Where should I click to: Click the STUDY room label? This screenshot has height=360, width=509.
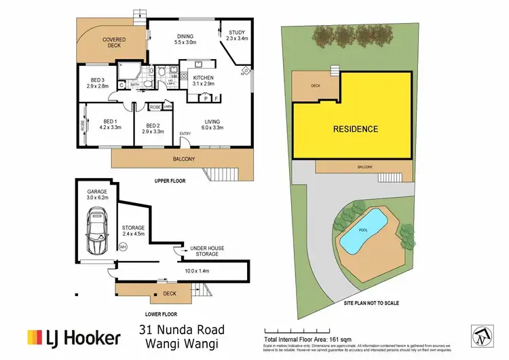tap(237, 32)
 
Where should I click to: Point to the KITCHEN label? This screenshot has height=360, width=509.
tap(203, 79)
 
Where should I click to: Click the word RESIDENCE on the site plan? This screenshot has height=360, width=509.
tap(355, 128)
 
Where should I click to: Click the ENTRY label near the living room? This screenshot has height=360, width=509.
tap(185, 134)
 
